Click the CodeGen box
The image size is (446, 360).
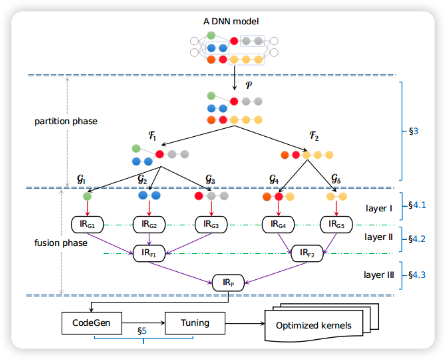[x=91, y=323]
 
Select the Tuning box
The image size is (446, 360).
[x=195, y=323]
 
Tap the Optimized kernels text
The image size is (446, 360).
[x=313, y=325]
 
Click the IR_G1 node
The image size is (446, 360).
[x=87, y=225]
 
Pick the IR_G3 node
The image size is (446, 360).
[x=211, y=225]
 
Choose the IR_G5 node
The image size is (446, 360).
[x=336, y=225]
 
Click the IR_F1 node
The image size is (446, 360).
[x=149, y=253]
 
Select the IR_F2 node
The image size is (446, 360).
[x=307, y=253]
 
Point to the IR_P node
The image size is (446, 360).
[x=228, y=283]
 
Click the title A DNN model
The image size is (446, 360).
[x=231, y=21]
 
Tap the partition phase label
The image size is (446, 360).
[x=66, y=121]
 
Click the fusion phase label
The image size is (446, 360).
[x=61, y=243]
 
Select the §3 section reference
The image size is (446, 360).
[x=414, y=131]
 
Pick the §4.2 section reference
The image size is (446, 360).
[x=417, y=239]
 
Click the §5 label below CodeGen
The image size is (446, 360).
[x=142, y=331]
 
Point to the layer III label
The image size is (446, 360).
[x=379, y=275]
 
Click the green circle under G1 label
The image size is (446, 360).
[x=87, y=196]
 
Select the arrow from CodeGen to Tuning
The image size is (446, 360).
[x=143, y=323]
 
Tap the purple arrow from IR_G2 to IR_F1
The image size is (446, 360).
[x=149, y=239]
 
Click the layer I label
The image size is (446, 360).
[x=379, y=208]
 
